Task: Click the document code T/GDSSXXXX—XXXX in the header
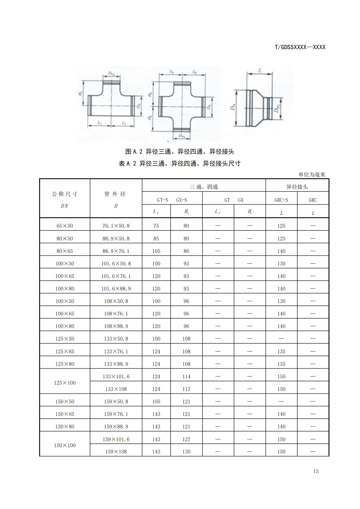(300, 47)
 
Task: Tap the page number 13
(316, 471)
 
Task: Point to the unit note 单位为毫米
(312, 174)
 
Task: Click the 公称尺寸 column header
(65, 194)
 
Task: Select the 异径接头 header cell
(297, 187)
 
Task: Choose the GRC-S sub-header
(281, 200)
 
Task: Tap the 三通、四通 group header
(204, 187)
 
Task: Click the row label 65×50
(65, 226)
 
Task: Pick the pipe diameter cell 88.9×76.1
(116, 251)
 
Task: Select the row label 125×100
(65, 383)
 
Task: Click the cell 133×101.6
(116, 377)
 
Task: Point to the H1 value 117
(186, 389)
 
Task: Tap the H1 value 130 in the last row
(186, 452)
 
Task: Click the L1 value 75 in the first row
(156, 226)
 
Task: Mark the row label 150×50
(65, 402)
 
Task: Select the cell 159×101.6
(116, 439)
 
